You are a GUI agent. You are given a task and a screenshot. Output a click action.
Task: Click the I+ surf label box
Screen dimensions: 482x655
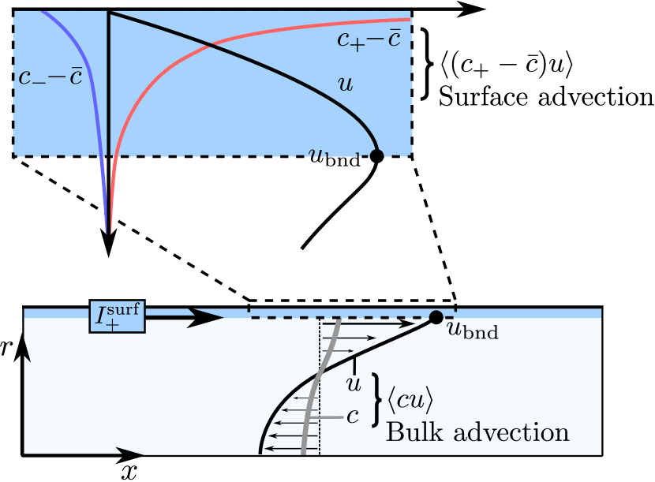[x=117, y=317]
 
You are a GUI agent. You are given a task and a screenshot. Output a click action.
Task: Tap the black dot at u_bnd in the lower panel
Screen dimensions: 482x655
[x=435, y=317]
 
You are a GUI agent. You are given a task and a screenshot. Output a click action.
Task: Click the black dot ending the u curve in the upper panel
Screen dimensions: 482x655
[x=376, y=155]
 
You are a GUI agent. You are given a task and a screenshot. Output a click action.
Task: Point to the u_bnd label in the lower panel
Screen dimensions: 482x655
[x=473, y=330]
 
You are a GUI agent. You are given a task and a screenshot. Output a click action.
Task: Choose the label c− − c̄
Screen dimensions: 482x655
[x=50, y=78]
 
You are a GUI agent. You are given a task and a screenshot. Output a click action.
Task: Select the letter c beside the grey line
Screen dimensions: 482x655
[x=353, y=416]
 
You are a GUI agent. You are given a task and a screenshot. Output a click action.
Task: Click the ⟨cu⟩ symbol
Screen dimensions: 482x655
[x=410, y=401]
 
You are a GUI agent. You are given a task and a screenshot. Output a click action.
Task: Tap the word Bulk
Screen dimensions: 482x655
[x=411, y=432]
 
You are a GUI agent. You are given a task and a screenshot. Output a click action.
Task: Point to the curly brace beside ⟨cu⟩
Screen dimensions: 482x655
[x=377, y=400]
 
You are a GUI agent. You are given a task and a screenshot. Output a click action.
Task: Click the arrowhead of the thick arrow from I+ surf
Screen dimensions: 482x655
[x=208, y=317]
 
